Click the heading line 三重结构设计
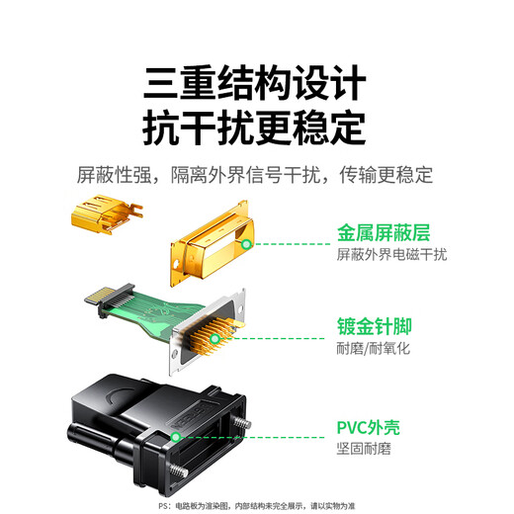(x=255, y=81)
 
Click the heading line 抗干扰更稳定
(x=255, y=128)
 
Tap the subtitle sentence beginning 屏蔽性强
(x=255, y=176)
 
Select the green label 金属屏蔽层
(x=384, y=233)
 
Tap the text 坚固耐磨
(x=364, y=450)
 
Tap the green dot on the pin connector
(x=215, y=337)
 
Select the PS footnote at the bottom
(x=256, y=504)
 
